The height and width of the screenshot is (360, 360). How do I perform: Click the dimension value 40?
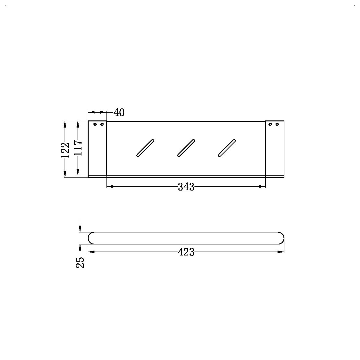[119, 113]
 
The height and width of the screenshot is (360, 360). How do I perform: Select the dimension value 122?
[65, 150]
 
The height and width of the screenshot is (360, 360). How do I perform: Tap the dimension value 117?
[78, 148]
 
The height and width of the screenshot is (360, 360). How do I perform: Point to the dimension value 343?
[186, 187]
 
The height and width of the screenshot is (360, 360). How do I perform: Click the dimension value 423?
[186, 252]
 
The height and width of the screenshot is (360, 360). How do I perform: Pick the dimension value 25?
[80, 262]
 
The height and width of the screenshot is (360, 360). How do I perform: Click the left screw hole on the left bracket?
[95, 124]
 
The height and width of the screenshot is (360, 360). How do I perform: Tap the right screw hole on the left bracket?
[102, 124]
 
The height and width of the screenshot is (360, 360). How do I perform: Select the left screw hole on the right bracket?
[270, 124]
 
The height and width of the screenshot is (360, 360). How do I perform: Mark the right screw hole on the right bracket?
[277, 124]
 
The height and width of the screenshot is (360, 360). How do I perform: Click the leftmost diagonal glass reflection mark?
[145, 148]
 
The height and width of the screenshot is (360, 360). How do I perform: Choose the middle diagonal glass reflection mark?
[186, 148]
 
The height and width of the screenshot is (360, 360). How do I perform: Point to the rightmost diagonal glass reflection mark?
[227, 148]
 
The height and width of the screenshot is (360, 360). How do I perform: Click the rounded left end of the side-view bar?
[91, 238]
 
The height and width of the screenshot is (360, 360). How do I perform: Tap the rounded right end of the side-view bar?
[281, 238]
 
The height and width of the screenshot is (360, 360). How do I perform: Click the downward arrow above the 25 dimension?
[80, 229]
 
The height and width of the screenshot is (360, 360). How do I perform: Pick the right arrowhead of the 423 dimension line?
[281, 252]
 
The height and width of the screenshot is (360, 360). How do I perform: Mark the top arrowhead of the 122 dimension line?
[65, 124]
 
